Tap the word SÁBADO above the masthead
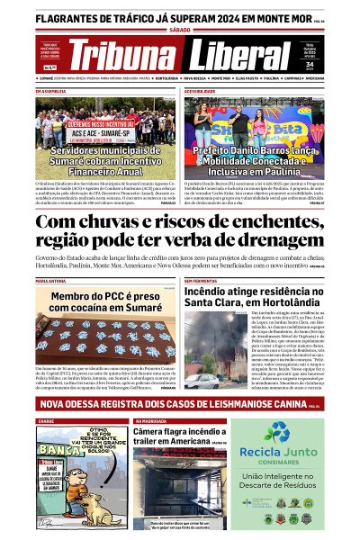(x=180, y=30)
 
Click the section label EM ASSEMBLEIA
(x=50, y=91)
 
